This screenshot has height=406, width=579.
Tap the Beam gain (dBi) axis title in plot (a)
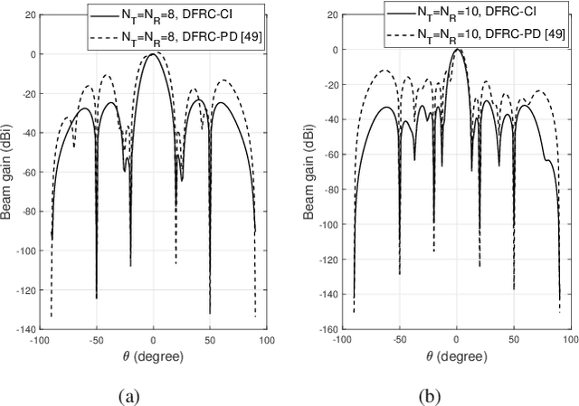tap(10, 170)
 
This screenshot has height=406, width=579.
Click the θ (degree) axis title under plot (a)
tap(153, 356)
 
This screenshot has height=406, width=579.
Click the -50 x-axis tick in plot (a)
tap(96, 342)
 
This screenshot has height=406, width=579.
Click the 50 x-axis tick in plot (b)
tap(514, 342)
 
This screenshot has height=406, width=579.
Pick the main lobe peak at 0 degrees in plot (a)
tap(153, 53)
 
